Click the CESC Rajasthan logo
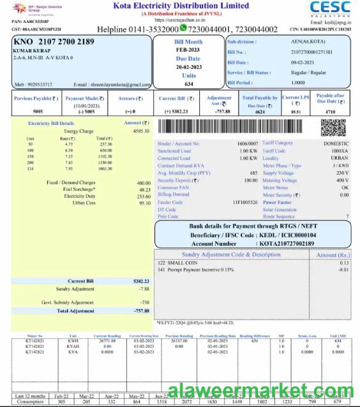tap(329, 10)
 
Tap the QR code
tap(333, 128)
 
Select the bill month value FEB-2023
tap(188, 49)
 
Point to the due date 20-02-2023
tap(188, 67)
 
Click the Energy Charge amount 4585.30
tap(141, 131)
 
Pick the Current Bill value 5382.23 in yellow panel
tap(141, 281)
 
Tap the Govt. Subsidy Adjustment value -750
tap(144, 302)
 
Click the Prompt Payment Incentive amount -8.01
tap(343, 269)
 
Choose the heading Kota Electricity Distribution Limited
tap(181, 6)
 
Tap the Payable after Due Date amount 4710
tap(330, 112)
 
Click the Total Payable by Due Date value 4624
tap(260, 112)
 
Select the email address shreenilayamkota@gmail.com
tap(121, 84)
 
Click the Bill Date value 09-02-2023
tap(303, 63)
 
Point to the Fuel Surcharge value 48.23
tap(144, 189)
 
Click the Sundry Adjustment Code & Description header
tap(230, 255)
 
